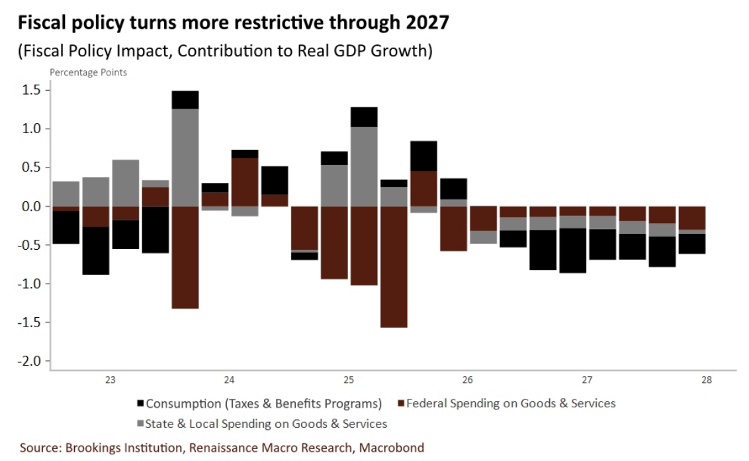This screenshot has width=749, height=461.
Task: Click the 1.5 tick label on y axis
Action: coord(32,90)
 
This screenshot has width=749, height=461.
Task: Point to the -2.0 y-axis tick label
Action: coord(29,361)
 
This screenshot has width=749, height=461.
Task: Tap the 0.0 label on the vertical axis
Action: coord(32,206)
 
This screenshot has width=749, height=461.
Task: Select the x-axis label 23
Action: coord(110,380)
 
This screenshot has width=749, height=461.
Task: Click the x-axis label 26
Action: coord(468,380)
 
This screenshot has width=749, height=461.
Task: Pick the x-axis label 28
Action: coord(707,380)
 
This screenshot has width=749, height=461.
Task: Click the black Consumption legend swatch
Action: coord(140,403)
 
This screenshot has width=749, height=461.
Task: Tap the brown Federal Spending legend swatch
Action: coord(401,403)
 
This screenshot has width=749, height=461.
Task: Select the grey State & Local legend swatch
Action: coord(140,424)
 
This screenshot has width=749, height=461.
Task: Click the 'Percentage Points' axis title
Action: coord(89,72)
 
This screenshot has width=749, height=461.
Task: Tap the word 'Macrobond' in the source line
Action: coord(391,448)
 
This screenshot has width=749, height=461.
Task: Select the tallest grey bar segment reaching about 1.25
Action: coord(185,158)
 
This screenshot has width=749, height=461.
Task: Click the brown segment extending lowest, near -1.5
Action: coord(394,267)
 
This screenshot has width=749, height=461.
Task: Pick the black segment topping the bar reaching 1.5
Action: coord(185,100)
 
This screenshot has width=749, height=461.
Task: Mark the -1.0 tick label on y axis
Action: coord(29,283)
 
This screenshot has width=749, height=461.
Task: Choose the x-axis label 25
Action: coord(349,380)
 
